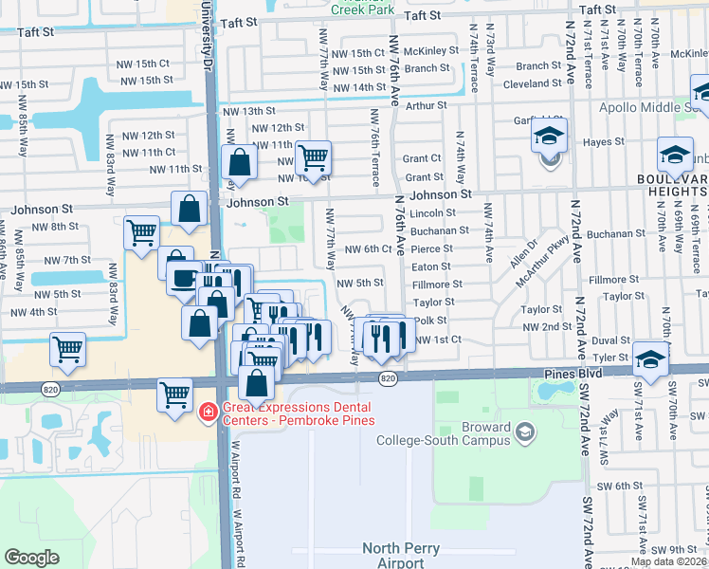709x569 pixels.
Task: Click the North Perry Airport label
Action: point(393,556)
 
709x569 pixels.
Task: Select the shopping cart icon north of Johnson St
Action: point(313,156)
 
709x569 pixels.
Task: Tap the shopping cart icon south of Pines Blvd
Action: point(175,393)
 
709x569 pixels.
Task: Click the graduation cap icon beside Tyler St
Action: point(650,358)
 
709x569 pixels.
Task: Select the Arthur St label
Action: point(426,106)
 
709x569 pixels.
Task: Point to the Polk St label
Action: point(429,321)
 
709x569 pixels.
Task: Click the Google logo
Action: point(32,558)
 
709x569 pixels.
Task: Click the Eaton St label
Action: point(430,266)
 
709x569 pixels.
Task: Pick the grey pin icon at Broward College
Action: point(525,433)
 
